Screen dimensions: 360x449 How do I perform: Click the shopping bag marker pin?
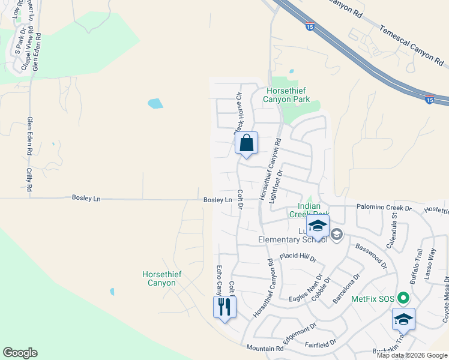point(246,144)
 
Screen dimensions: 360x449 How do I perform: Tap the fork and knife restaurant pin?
point(224,307)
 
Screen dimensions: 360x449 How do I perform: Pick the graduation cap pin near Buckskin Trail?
point(403,320)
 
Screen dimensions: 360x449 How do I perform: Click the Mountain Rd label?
point(265,348)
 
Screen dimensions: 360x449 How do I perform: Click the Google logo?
point(20,353)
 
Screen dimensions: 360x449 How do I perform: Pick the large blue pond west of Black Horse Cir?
point(155,103)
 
